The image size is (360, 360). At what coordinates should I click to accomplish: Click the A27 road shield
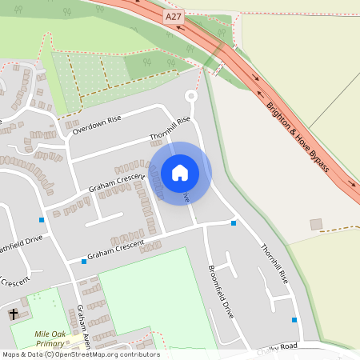click(174, 17)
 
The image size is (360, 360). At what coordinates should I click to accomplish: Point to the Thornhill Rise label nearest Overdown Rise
click(170, 130)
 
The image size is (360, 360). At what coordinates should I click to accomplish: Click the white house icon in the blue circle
click(180, 173)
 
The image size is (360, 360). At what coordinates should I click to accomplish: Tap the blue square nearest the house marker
click(234, 223)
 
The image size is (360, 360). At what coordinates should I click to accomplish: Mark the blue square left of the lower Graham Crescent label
click(83, 261)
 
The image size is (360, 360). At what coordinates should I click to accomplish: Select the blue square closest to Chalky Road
click(294, 320)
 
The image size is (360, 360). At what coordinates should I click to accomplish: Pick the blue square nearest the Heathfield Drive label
click(42, 219)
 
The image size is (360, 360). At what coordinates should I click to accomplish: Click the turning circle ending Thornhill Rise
click(190, 97)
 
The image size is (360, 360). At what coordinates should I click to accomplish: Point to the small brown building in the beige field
click(316, 224)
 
